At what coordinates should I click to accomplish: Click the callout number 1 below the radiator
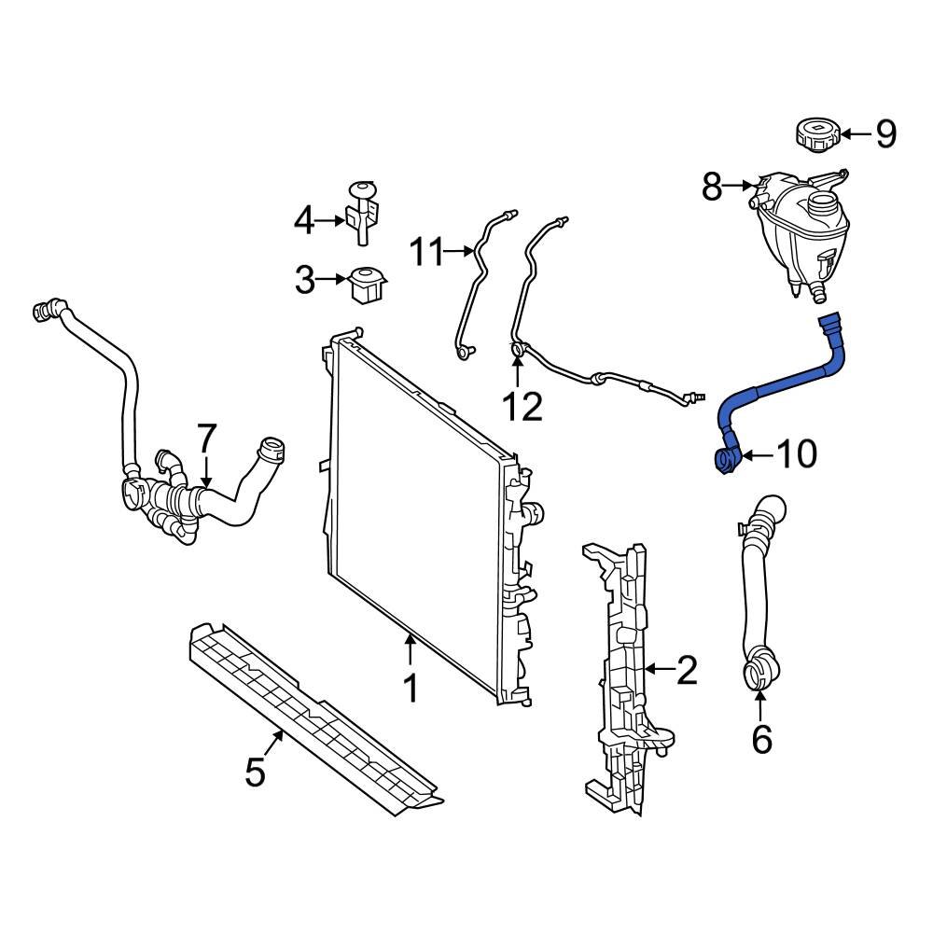click(x=411, y=689)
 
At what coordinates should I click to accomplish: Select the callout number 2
click(x=686, y=669)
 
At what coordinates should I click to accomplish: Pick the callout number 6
click(x=762, y=739)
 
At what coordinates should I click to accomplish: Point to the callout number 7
click(x=206, y=438)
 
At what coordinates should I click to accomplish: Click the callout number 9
click(x=885, y=134)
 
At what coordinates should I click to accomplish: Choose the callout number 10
click(x=797, y=454)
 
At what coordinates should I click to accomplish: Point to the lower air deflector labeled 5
click(x=308, y=718)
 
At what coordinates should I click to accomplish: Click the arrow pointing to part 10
click(x=758, y=455)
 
